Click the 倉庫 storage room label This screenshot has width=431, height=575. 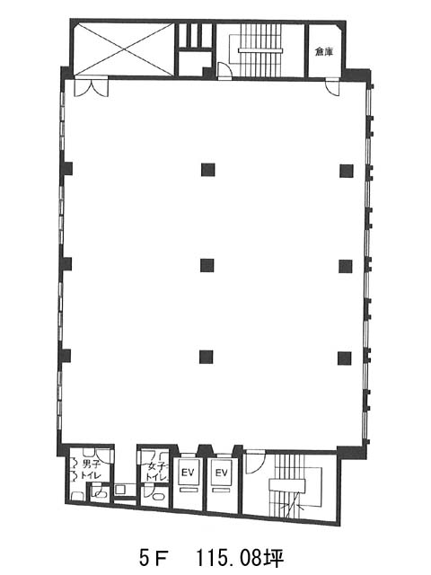[324, 52]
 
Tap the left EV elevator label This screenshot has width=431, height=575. [188, 473]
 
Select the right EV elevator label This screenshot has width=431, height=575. [222, 473]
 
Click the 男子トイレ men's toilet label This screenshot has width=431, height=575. [90, 470]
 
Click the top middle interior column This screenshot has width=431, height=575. [207, 170]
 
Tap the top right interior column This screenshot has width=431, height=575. [347, 171]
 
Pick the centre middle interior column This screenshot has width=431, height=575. [207, 265]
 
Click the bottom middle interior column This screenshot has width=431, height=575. [206, 358]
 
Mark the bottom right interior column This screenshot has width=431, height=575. [345, 358]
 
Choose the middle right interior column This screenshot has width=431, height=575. [346, 266]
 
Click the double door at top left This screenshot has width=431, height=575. [92, 87]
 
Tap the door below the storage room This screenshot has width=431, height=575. [332, 87]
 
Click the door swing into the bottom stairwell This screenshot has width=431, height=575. [255, 461]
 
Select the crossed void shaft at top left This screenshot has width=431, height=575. [124, 49]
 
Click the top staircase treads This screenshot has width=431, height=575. [259, 50]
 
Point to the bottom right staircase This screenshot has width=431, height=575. [294, 486]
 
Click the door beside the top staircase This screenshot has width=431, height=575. [225, 71]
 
